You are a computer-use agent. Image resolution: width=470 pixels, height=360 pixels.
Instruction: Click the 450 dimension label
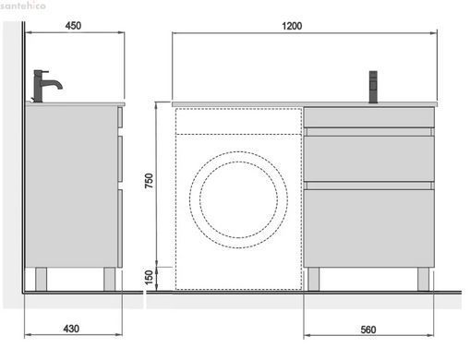[73, 26]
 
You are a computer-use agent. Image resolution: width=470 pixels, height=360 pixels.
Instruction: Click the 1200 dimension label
[292, 26]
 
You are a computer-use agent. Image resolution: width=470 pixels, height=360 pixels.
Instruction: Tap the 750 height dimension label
[149, 181]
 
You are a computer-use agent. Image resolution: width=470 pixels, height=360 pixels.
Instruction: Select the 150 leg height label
[149, 278]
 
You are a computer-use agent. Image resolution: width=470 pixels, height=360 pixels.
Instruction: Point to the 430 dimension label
[71, 329]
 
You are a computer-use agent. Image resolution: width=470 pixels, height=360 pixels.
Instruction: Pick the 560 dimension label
[368, 330]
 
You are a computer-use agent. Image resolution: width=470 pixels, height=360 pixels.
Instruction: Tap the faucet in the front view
[373, 87]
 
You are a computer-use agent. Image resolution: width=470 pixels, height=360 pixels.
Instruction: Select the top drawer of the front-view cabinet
[368, 117]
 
